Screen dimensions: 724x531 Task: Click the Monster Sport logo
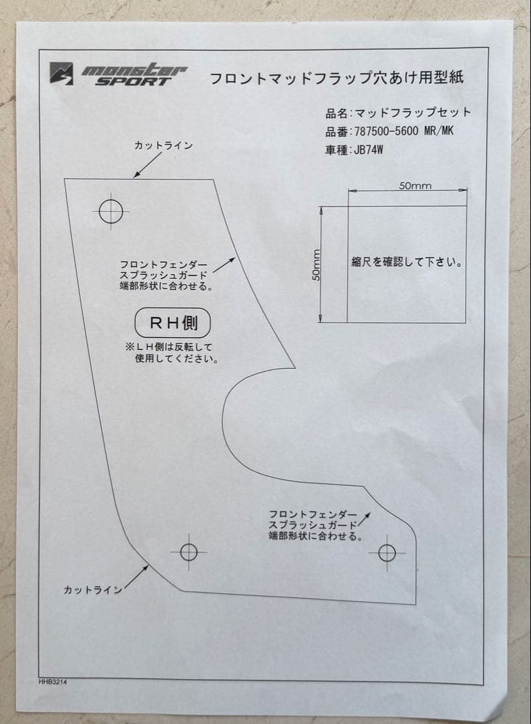pyautogui.click(x=119, y=74)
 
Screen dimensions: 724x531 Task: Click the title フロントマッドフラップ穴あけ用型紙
pyautogui.click(x=337, y=78)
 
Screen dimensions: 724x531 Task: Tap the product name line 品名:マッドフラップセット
pyautogui.click(x=398, y=113)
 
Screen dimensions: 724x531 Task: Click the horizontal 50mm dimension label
pyautogui.click(x=415, y=186)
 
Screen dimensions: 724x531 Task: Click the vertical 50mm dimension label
pyautogui.click(x=316, y=265)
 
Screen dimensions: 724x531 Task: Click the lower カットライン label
pyautogui.click(x=93, y=590)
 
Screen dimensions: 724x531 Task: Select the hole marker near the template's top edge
pyautogui.click(x=110, y=211)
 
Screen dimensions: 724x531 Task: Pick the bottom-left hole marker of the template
pyautogui.click(x=189, y=552)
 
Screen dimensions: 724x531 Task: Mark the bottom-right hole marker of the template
pyautogui.click(x=387, y=552)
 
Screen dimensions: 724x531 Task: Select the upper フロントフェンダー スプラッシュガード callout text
pyautogui.click(x=164, y=276)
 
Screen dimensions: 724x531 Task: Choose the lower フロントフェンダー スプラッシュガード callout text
pyautogui.click(x=313, y=524)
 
